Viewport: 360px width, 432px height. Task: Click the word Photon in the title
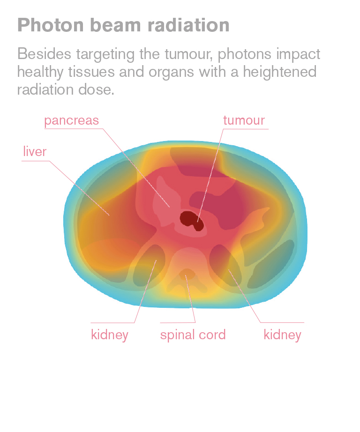point(51,25)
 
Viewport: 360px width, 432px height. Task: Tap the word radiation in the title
point(188,25)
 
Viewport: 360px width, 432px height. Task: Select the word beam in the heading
point(115,25)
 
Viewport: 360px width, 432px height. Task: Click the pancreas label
point(71,121)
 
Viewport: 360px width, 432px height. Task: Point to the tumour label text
point(244,120)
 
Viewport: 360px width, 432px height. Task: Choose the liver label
point(35,151)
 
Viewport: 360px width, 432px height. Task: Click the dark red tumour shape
point(191,220)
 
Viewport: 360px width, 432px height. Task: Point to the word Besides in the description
point(45,54)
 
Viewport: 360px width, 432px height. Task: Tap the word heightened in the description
point(279,72)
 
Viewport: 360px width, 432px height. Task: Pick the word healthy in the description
point(40,72)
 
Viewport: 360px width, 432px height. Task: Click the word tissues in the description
point(91,72)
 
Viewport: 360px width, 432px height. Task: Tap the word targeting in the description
point(105,54)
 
